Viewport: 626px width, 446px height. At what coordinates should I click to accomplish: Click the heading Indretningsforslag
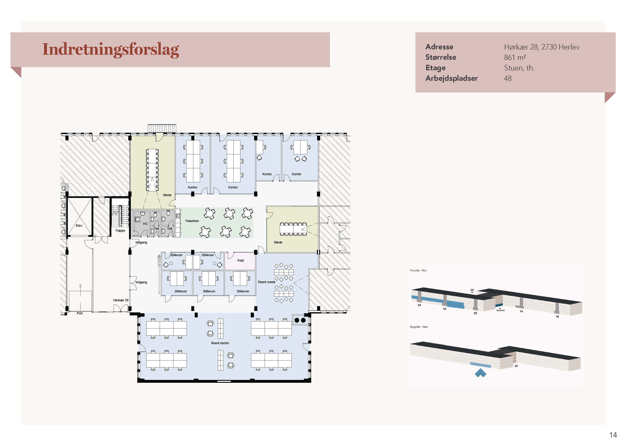click(111, 50)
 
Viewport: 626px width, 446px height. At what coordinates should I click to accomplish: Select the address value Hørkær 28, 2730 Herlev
click(542, 47)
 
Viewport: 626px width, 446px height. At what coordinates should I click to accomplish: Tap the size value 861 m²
click(515, 57)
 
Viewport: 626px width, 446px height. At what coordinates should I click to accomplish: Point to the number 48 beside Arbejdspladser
click(508, 79)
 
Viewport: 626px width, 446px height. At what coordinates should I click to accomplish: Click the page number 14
click(613, 435)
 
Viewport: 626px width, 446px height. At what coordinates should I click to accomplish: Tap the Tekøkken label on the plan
click(192, 221)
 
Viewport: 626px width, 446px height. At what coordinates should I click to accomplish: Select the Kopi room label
click(241, 260)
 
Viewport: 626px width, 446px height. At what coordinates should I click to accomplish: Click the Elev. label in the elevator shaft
click(79, 225)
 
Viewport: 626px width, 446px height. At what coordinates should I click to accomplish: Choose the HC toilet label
click(145, 224)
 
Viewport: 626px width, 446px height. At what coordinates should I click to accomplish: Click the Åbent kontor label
click(220, 343)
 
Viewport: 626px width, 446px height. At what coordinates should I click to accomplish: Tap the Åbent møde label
click(266, 282)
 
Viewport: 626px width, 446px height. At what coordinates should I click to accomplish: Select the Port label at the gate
click(80, 313)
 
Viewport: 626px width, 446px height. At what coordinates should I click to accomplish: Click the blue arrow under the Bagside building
click(481, 373)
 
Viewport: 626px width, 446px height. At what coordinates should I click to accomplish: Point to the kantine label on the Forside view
click(501, 310)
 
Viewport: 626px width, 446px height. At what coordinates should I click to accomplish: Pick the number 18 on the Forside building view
click(557, 317)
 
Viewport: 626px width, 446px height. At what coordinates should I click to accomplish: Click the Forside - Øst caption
click(418, 270)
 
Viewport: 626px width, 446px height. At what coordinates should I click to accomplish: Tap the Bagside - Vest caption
click(419, 327)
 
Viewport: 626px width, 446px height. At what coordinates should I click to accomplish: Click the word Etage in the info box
click(435, 68)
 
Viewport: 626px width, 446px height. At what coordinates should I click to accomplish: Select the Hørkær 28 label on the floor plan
click(121, 300)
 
